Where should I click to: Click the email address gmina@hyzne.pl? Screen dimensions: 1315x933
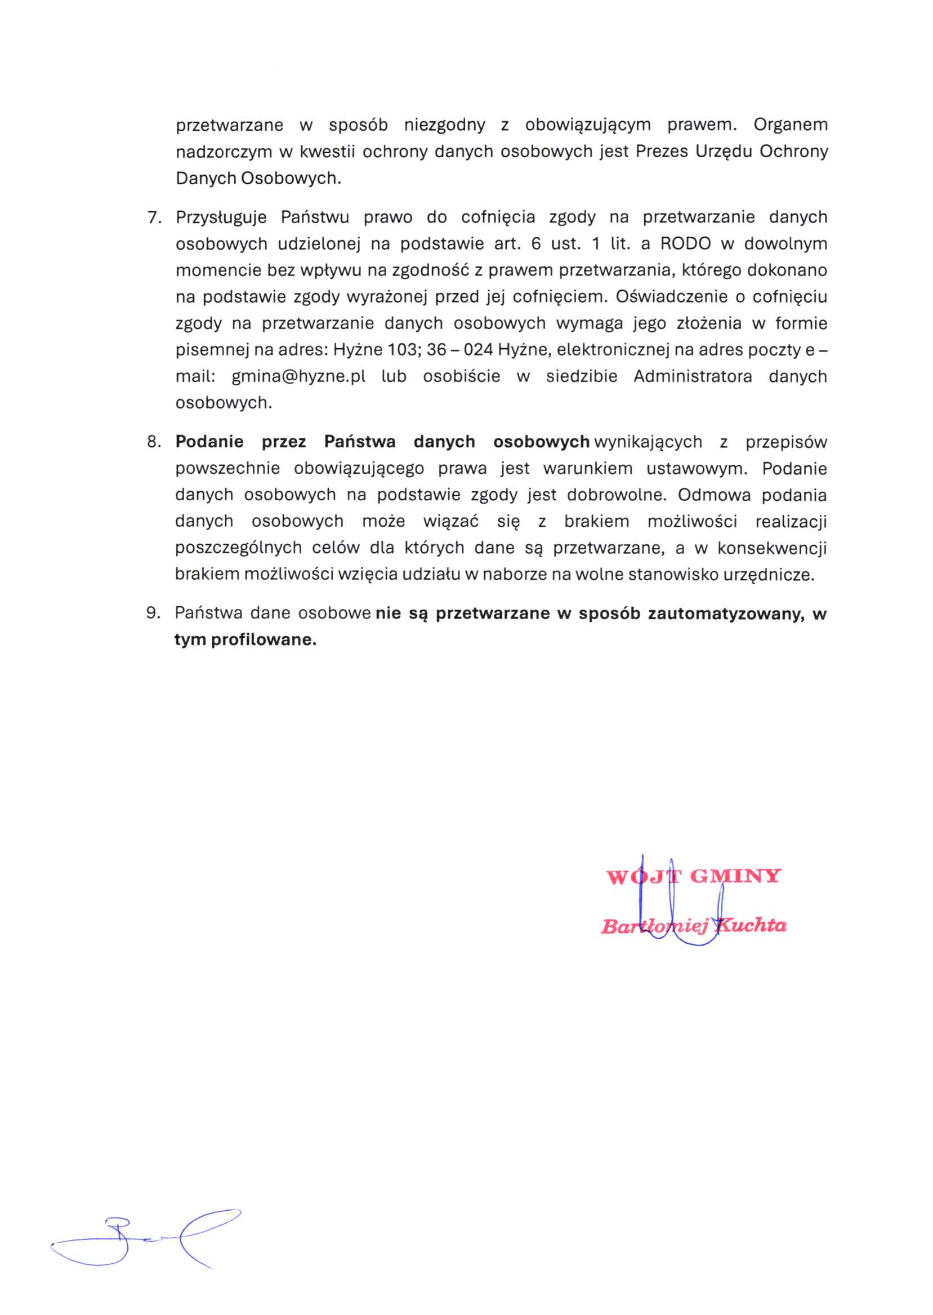click(x=298, y=376)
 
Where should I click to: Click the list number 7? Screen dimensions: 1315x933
click(x=154, y=217)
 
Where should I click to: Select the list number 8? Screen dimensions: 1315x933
click(x=154, y=441)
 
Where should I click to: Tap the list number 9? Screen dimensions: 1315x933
click(x=153, y=612)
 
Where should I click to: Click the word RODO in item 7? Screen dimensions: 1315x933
click(x=685, y=244)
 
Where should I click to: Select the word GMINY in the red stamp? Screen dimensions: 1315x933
click(x=735, y=876)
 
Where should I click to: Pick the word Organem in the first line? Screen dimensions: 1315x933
click(x=791, y=125)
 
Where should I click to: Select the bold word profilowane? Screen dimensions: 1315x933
click(x=264, y=639)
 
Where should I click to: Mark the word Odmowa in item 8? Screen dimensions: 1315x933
click(x=714, y=495)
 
